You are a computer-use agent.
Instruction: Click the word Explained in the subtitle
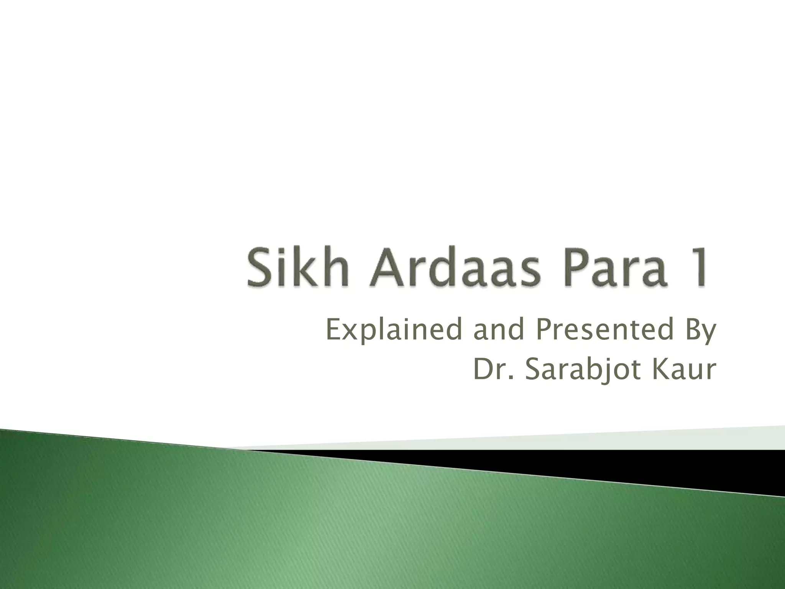pos(394,331)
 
